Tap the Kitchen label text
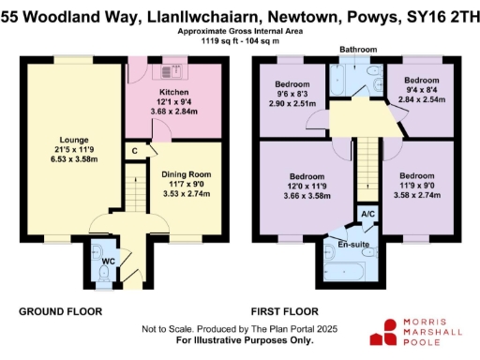(174, 92)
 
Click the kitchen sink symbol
(174, 70)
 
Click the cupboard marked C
(136, 150)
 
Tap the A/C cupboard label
(369, 215)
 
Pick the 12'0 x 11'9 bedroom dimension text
(307, 186)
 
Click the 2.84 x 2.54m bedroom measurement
(425, 97)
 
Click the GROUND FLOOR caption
(59, 311)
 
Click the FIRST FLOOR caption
(286, 311)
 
